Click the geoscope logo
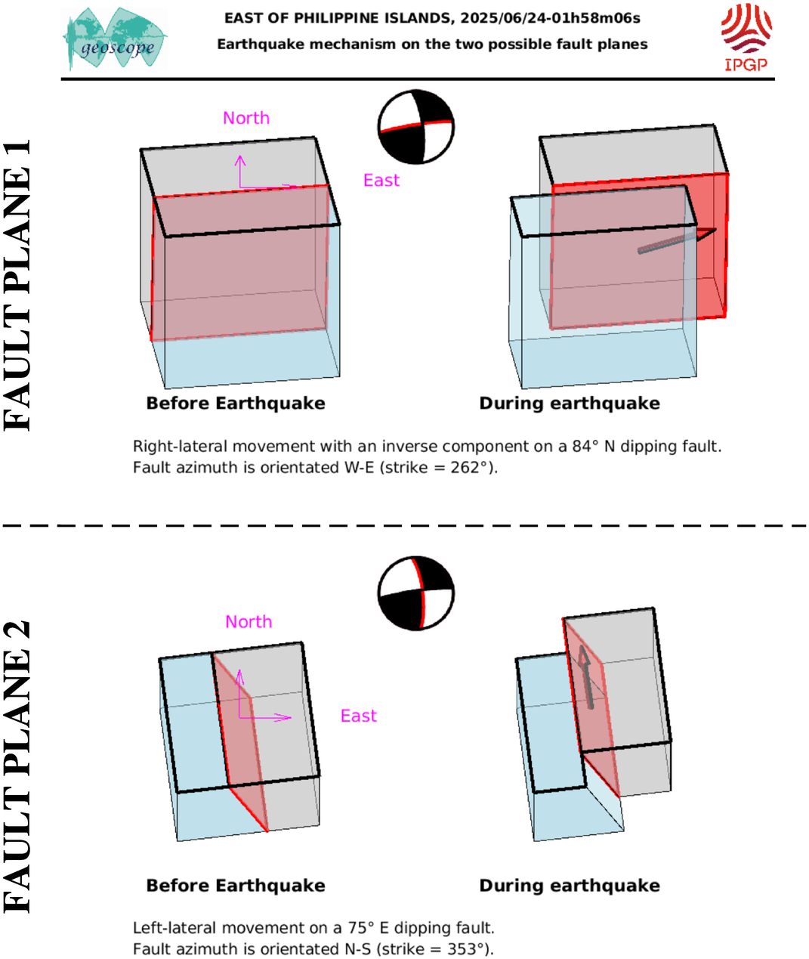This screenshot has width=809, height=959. (x=116, y=40)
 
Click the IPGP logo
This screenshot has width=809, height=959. (x=746, y=37)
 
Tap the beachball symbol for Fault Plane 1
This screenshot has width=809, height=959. (x=415, y=127)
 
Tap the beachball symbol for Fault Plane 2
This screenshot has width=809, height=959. (x=415, y=594)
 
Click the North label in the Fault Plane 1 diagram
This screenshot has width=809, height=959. (x=246, y=118)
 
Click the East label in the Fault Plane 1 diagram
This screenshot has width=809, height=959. (x=381, y=181)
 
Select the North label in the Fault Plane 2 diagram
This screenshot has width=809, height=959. (x=249, y=622)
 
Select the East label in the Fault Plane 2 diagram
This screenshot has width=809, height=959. (x=358, y=716)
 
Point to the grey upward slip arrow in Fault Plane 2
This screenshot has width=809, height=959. (x=585, y=676)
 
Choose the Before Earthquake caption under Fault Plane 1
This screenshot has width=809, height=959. (x=236, y=404)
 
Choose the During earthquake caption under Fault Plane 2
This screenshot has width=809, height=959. (x=570, y=886)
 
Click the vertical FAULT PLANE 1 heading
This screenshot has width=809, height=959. (x=18, y=285)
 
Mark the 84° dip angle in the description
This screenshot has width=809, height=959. (x=581, y=447)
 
